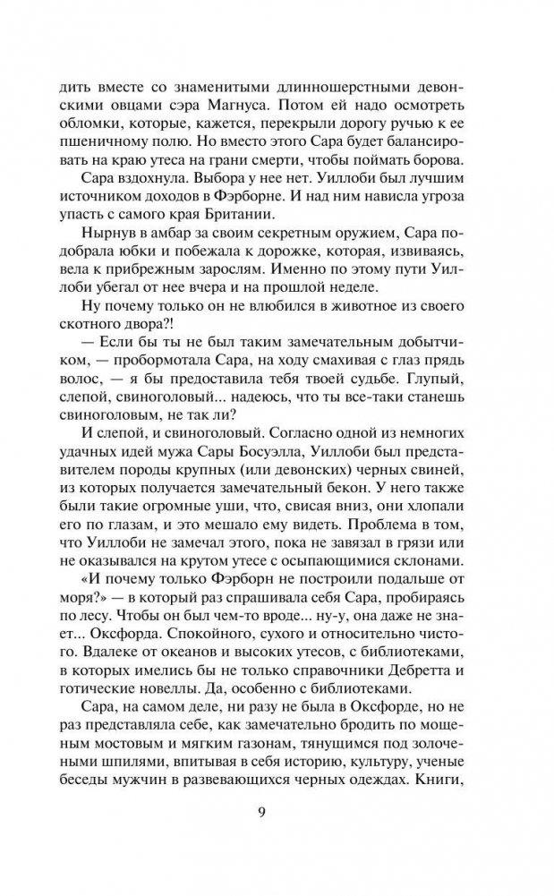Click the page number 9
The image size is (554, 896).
tap(277, 813)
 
